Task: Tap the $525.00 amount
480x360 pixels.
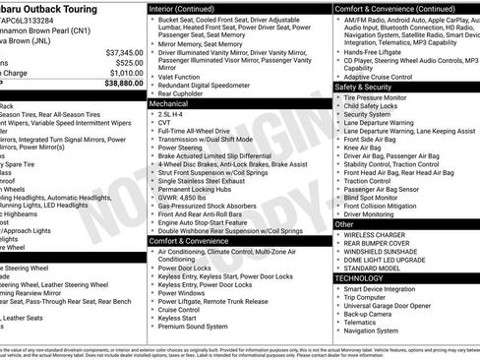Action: pos(131,62)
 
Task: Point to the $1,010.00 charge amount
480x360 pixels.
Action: pos(127,73)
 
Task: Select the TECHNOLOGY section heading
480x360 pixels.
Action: pos(358,278)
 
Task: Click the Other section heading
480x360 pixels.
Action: pos(344,224)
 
